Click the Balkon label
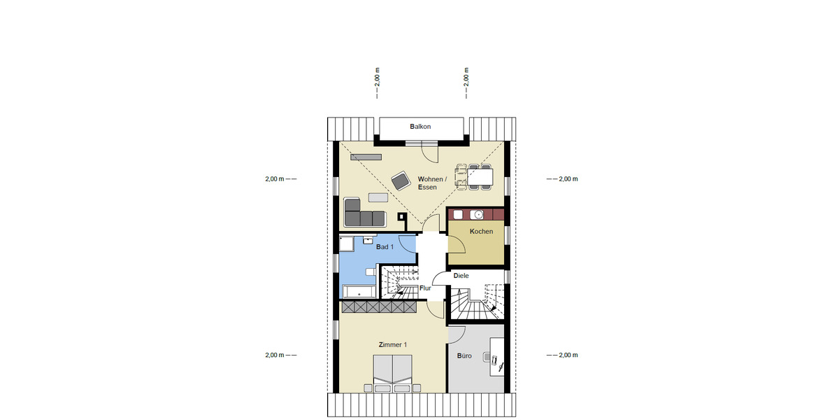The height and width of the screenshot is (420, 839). [x=420, y=127]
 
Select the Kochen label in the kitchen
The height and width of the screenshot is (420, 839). [x=481, y=232]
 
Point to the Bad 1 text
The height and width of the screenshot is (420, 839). [x=385, y=247]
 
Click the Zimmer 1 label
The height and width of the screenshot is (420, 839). [x=392, y=344]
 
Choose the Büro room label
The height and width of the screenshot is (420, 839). [x=464, y=356]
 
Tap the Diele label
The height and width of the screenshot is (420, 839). [x=461, y=276]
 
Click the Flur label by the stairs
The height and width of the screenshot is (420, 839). [x=424, y=288]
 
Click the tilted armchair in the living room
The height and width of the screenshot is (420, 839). [x=401, y=181]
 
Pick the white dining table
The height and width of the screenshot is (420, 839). [x=480, y=177]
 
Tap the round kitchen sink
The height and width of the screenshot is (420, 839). [x=478, y=214]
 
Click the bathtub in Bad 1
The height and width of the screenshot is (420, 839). [x=359, y=290]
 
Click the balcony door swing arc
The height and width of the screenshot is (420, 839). [x=430, y=152]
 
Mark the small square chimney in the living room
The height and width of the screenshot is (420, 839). [x=402, y=217]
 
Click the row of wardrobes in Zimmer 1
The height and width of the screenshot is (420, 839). [x=378, y=307]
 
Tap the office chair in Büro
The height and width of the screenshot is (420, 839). [x=494, y=361]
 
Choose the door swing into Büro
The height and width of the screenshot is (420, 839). [x=457, y=335]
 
